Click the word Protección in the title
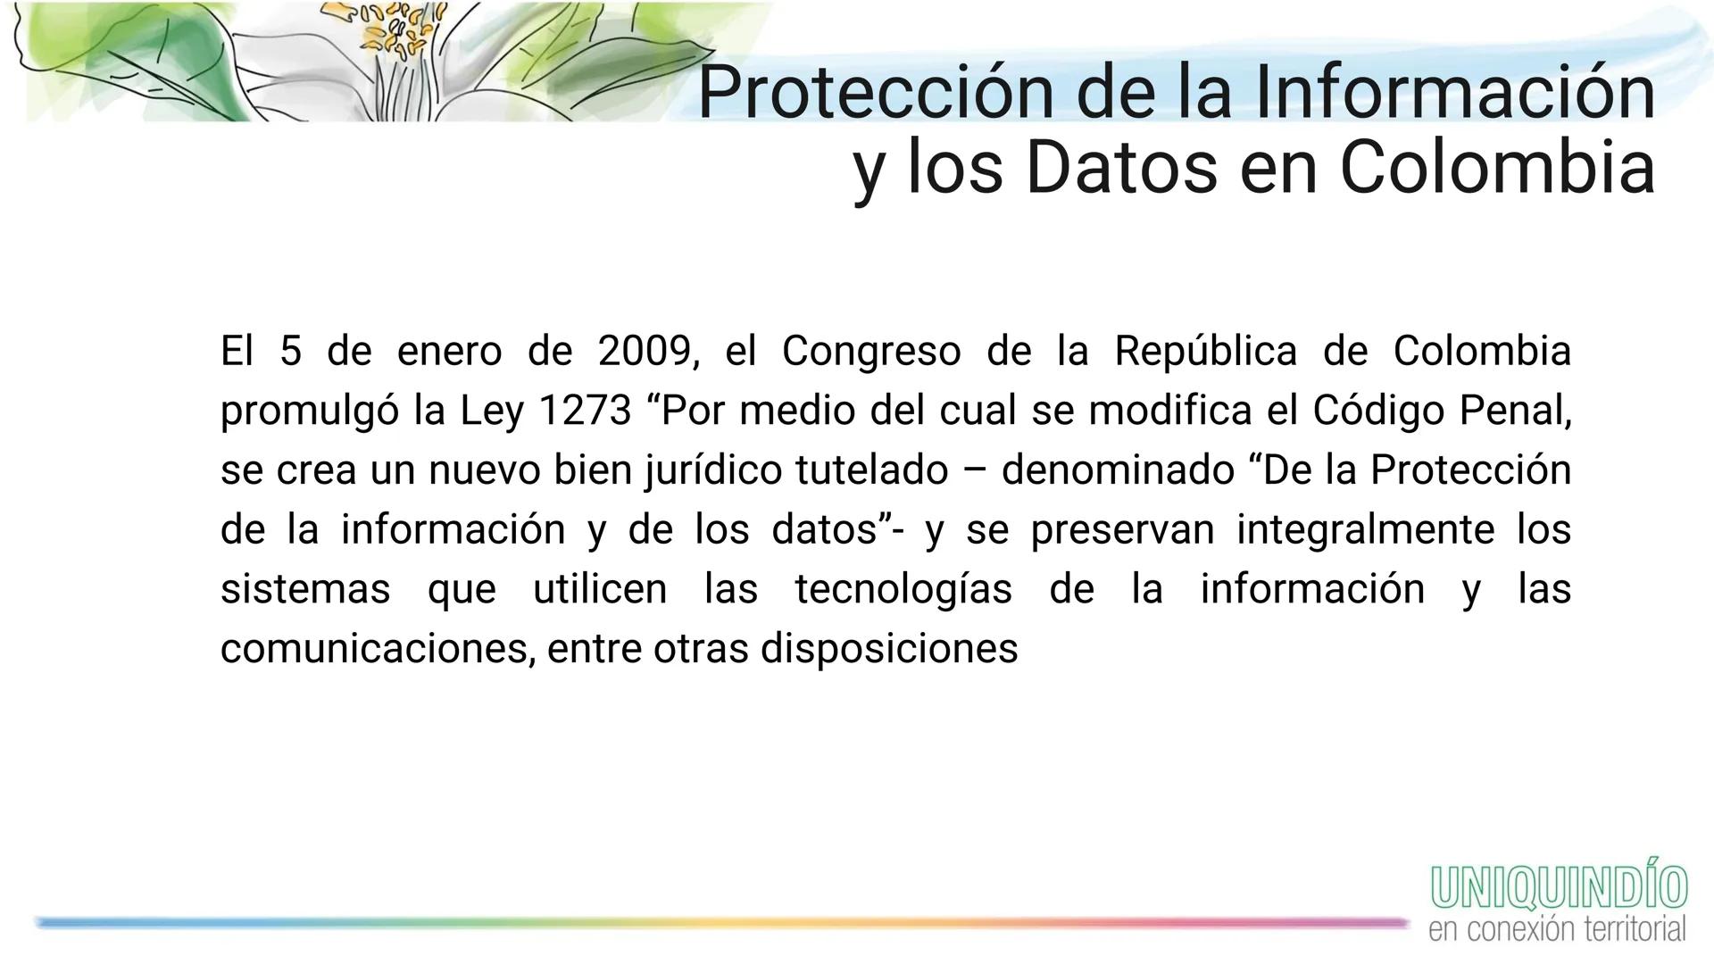click(875, 92)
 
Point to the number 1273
click(585, 411)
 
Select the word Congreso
click(870, 351)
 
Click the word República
click(1205, 351)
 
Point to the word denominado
click(1118, 470)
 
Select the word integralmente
click(1365, 530)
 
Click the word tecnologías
click(903, 590)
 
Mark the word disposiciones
click(888, 649)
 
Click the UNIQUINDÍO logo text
click(1559, 887)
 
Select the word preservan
click(1122, 530)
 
